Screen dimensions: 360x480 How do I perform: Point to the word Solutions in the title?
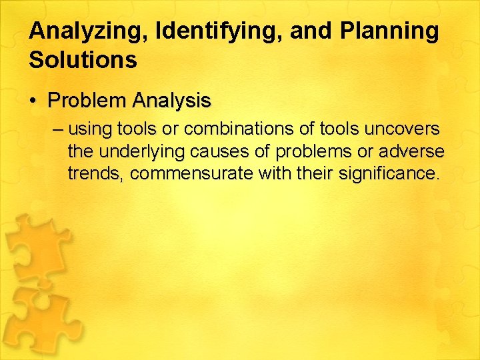pyautogui.click(x=83, y=60)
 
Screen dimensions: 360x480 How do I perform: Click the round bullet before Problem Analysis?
pyautogui.click(x=33, y=102)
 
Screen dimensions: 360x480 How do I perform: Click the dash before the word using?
pyautogui.click(x=58, y=128)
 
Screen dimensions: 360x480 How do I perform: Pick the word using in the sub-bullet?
pyautogui.click(x=91, y=128)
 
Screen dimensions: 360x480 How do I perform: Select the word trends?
pyautogui.click(x=95, y=175)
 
